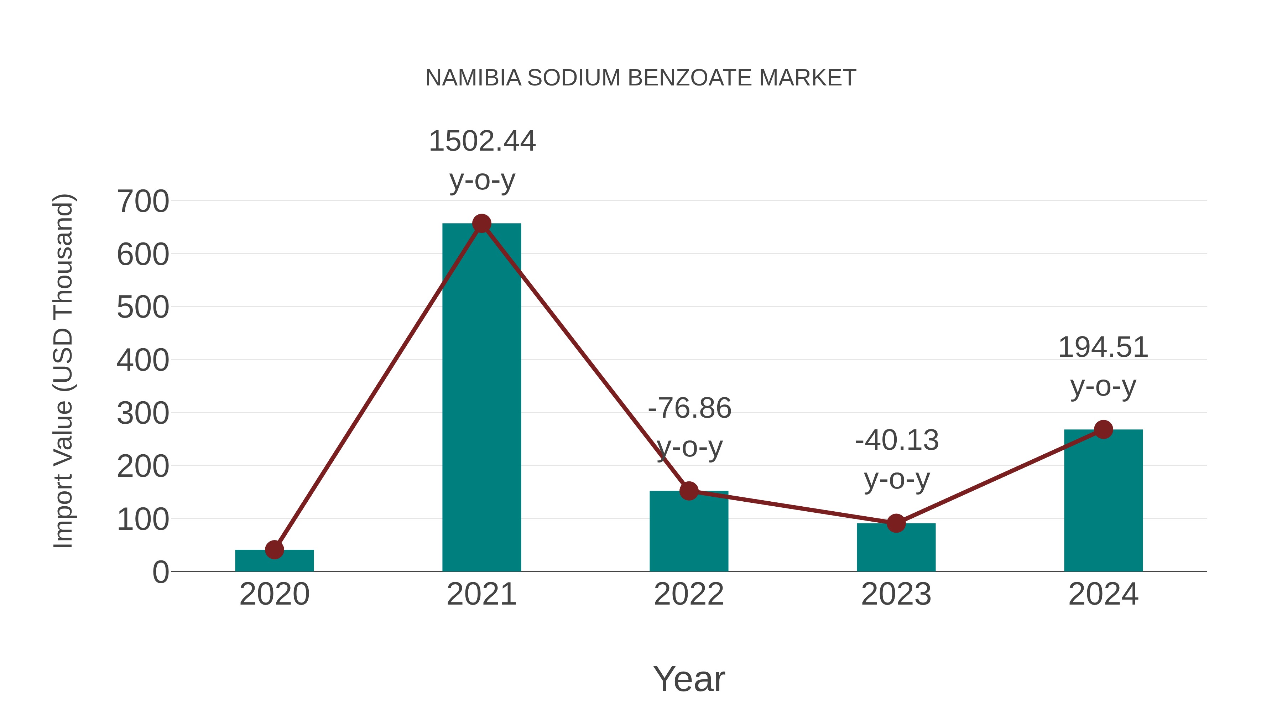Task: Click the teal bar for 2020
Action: pyautogui.click(x=274, y=561)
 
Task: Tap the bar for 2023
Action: pyautogui.click(x=896, y=547)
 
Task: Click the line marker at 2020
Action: pyautogui.click(x=274, y=550)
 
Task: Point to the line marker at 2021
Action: pyautogui.click(x=481, y=223)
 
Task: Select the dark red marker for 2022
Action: pyautogui.click(x=689, y=491)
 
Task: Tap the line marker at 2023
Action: pyautogui.click(x=896, y=523)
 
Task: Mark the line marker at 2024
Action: pyautogui.click(x=1103, y=429)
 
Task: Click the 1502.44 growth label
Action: pyautogui.click(x=482, y=141)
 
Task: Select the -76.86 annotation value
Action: pyautogui.click(x=689, y=408)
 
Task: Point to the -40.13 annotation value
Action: pyautogui.click(x=897, y=440)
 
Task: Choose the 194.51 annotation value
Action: pyautogui.click(x=1103, y=347)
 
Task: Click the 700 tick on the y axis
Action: pyautogui.click(x=143, y=202)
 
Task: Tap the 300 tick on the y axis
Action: pyautogui.click(x=143, y=413)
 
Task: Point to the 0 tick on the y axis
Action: pyautogui.click(x=160, y=572)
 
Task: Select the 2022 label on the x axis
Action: pyautogui.click(x=689, y=594)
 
